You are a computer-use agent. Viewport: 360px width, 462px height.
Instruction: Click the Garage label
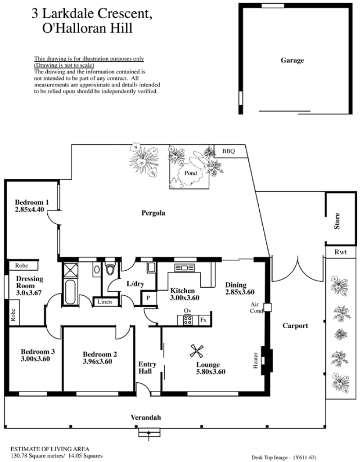292,60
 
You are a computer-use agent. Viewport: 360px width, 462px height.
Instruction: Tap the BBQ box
229,151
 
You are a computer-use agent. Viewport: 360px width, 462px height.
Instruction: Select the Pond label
190,173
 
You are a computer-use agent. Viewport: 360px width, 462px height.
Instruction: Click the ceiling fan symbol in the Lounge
196,351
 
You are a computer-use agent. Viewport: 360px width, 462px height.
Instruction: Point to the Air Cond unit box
267,307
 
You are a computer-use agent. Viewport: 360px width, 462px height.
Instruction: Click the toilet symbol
110,269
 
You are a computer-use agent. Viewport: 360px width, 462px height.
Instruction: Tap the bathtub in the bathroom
70,292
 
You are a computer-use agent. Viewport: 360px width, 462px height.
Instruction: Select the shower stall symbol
71,269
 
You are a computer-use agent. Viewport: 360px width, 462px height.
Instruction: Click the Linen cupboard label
104,302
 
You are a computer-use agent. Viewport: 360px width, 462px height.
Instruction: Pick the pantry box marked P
148,298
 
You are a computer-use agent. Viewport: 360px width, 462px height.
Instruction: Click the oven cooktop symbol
188,320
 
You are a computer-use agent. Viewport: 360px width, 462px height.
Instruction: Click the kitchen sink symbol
184,267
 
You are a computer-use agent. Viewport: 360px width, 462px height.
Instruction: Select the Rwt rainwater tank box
341,252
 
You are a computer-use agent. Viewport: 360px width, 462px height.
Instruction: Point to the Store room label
337,221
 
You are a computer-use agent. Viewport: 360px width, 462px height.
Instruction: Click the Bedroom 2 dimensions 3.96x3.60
98,362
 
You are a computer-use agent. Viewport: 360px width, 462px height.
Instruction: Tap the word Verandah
146,417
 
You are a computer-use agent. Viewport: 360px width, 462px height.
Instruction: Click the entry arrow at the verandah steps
149,435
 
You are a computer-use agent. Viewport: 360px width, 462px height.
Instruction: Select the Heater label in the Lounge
255,360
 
